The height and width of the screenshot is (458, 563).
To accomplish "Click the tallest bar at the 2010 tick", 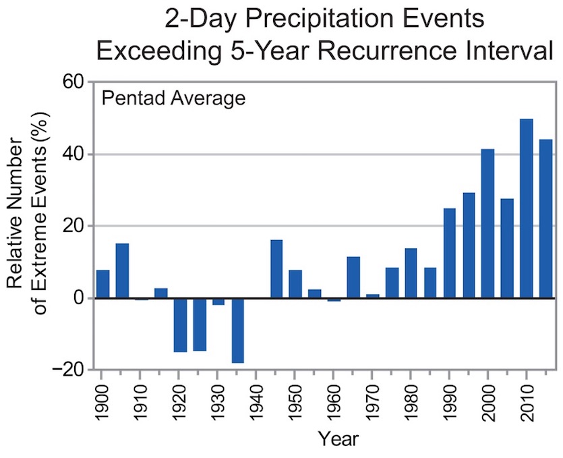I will (527, 208).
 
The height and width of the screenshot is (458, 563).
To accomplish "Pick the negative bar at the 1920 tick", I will (180, 324).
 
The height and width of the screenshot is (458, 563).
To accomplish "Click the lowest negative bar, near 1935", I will (238, 330).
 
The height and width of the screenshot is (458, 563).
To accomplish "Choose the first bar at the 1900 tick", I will (103, 284).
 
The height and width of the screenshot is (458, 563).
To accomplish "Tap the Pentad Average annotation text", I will (173, 100).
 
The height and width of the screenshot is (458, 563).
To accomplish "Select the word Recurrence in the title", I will (386, 49).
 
